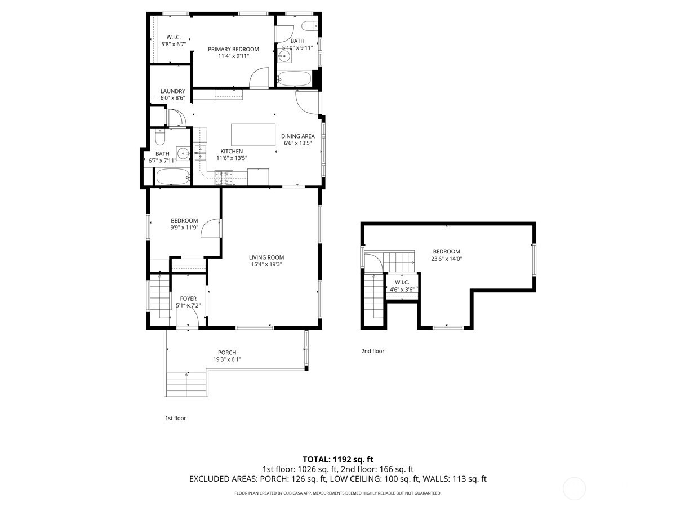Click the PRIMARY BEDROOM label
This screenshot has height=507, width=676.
click(x=233, y=49)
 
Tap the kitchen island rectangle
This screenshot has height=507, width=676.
click(x=253, y=135)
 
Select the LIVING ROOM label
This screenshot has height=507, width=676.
click(x=266, y=257)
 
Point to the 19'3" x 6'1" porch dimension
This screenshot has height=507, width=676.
click(x=231, y=359)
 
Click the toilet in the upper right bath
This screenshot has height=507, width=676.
click(x=308, y=25)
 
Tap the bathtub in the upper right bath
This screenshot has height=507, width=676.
click(x=294, y=78)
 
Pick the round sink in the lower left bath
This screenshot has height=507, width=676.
click(x=183, y=153)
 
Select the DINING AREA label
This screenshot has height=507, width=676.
click(x=298, y=136)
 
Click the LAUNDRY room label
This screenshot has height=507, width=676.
click(x=172, y=91)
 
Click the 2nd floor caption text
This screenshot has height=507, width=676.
click(x=372, y=351)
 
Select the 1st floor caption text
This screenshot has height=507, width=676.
click(x=175, y=418)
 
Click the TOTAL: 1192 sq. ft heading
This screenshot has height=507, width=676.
click(x=337, y=459)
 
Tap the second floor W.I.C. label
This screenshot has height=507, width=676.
click(x=402, y=282)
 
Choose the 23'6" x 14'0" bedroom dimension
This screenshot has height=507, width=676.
click(x=446, y=259)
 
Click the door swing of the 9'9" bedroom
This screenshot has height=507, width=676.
click(x=211, y=228)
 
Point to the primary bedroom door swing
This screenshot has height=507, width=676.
click(x=260, y=78)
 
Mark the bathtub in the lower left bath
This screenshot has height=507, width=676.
click(x=171, y=177)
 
